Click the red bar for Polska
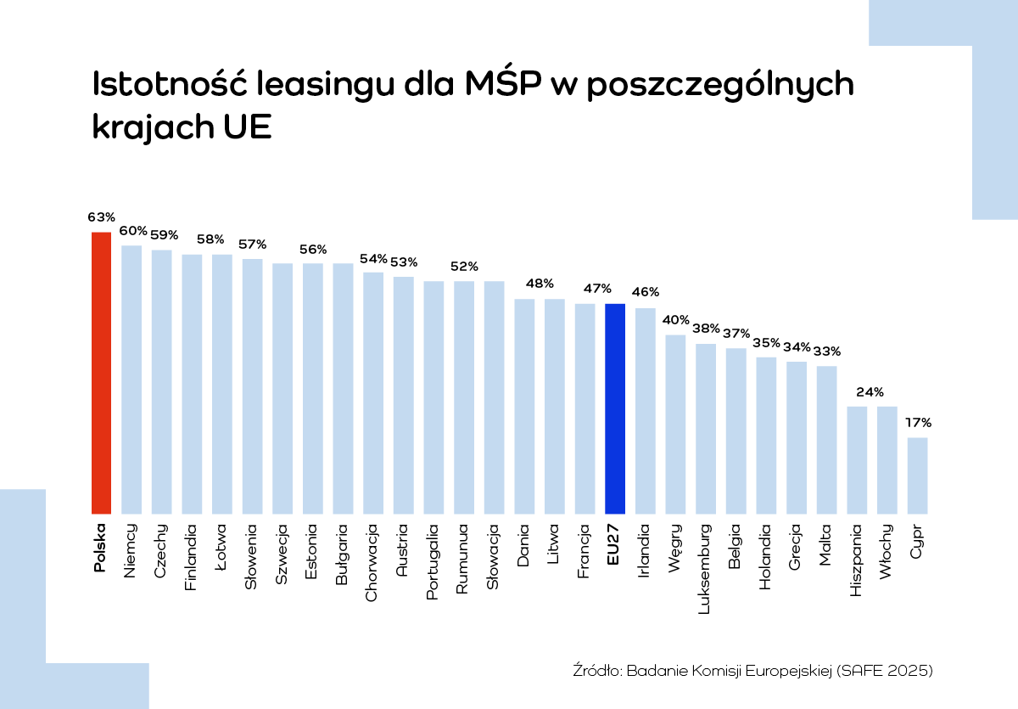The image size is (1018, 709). point(101,373)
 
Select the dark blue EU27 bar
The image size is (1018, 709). point(615,408)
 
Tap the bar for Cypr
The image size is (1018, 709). point(917,475)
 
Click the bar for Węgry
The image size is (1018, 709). point(675,424)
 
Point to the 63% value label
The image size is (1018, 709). point(101,217)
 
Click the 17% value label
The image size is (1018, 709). point(918,422)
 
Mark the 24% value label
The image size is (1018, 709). point(857,392)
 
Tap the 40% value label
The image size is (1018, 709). point(676,320)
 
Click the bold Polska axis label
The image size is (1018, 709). point(101,548)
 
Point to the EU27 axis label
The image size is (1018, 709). point(615,544)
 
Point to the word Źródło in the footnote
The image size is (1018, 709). point(598,671)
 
